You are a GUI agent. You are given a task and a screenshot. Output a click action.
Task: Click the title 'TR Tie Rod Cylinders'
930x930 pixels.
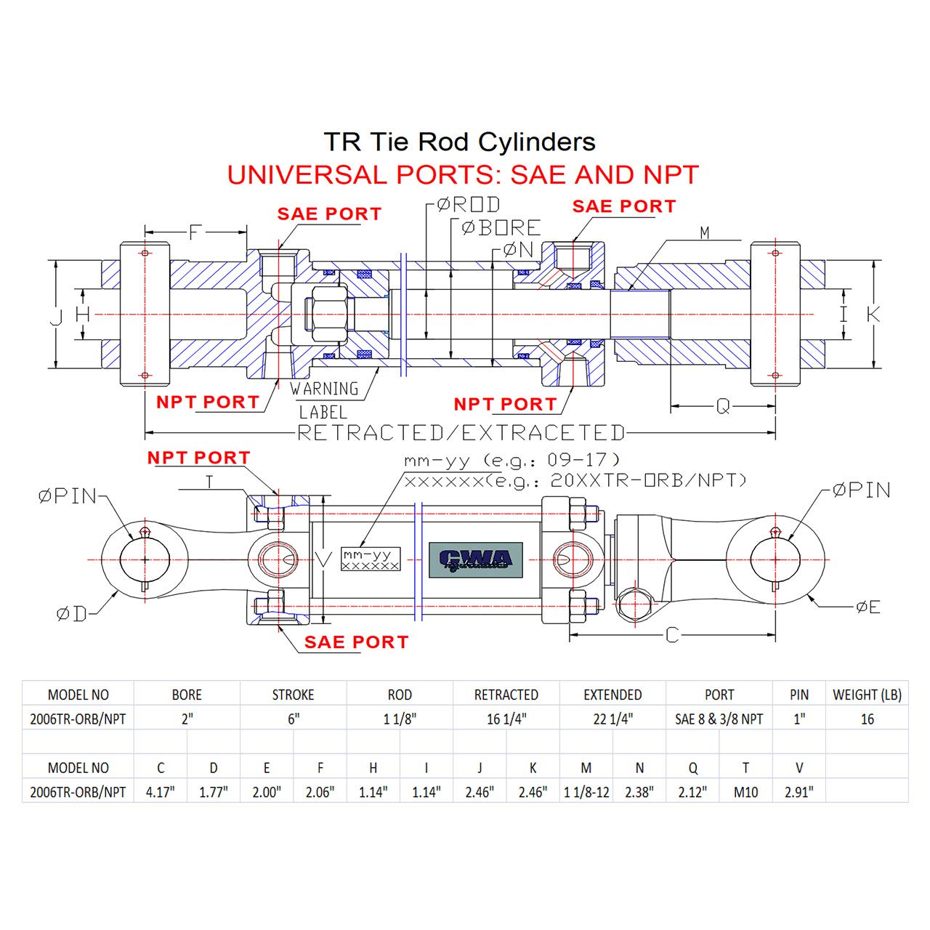point(459,142)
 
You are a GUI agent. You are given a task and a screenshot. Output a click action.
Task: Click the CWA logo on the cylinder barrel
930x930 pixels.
point(475,559)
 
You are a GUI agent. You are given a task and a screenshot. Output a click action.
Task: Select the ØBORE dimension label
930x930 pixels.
point(501,227)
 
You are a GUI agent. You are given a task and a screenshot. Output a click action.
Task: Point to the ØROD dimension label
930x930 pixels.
point(469,205)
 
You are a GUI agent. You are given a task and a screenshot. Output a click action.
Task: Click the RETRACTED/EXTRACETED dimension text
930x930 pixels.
point(461,433)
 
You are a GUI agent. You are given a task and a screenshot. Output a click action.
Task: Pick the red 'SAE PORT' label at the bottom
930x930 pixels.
point(356,642)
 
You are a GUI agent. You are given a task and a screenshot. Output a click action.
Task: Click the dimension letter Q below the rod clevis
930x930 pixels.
point(722,407)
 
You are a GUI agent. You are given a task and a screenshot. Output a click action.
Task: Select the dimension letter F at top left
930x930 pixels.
point(194,232)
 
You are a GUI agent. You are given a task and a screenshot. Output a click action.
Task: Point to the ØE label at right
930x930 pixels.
point(868,607)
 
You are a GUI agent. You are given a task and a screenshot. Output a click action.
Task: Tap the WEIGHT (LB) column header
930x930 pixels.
point(867,695)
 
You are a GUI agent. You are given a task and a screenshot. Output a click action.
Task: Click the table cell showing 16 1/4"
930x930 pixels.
point(506,719)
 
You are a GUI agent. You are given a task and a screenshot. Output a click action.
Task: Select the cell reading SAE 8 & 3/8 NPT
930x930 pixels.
point(719,719)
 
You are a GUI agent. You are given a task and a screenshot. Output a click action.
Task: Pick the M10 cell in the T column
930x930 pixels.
point(745,792)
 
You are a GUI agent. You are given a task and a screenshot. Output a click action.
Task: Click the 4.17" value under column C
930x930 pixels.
point(161,792)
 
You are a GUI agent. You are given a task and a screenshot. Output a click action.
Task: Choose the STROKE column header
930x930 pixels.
point(293,695)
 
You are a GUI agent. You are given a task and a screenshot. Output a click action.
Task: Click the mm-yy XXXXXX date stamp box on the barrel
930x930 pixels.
point(371,559)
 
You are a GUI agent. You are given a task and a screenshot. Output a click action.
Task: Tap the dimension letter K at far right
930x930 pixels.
point(873,314)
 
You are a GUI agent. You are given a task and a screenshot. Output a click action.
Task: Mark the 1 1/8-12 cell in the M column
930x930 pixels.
point(586,792)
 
